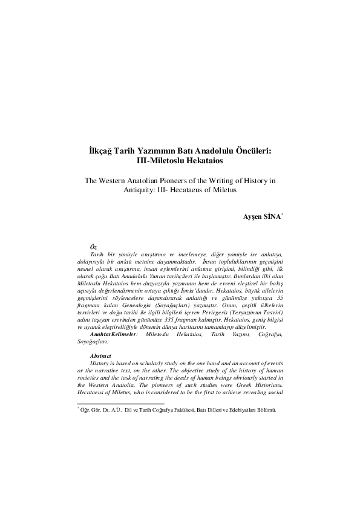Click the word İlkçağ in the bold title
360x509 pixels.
click(x=96, y=152)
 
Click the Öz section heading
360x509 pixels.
click(x=93, y=248)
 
